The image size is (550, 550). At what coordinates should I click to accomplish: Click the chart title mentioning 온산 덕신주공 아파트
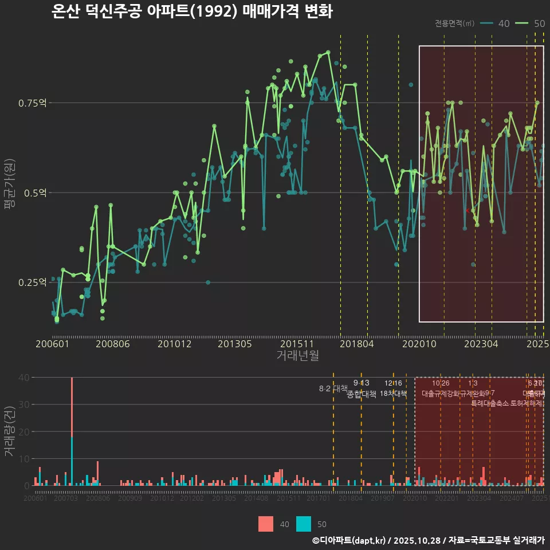coord(191,11)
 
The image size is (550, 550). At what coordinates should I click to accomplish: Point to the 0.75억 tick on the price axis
coord(33,103)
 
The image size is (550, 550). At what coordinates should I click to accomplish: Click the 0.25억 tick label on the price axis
coord(33,282)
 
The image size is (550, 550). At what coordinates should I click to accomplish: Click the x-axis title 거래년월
coord(297,355)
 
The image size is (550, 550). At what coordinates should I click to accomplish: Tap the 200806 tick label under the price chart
coord(112,344)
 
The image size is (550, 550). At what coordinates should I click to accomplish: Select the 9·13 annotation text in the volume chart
coord(361,383)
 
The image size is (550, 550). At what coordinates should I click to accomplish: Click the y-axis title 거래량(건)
coord(9,431)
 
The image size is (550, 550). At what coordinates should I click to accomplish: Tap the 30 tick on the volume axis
coord(25,404)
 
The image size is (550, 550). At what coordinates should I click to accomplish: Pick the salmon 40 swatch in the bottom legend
coord(266,524)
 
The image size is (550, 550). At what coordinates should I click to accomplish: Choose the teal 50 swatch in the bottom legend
coord(304,524)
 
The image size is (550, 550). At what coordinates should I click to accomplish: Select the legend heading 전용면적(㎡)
coord(454,23)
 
